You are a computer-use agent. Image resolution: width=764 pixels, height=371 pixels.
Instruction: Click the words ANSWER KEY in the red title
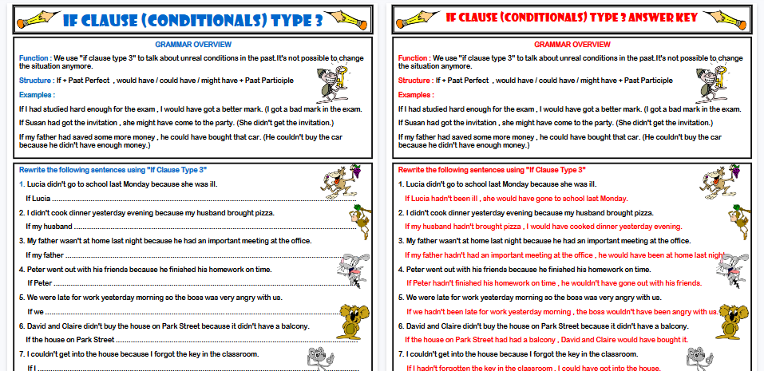(x=655, y=17)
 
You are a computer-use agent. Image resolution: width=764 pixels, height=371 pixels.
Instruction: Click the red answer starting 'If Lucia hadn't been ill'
(x=516, y=198)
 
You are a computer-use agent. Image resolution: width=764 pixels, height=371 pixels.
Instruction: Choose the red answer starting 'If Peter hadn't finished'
(x=554, y=283)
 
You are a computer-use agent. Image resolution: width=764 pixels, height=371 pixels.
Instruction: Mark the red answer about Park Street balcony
(x=547, y=339)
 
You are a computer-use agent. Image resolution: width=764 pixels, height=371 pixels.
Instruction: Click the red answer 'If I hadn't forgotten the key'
(x=534, y=368)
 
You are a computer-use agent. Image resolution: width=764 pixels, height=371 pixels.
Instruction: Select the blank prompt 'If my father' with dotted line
(x=45, y=255)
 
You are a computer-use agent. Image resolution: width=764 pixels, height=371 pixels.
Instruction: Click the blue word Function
(x=34, y=58)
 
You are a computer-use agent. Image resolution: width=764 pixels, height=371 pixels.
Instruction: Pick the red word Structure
(x=414, y=80)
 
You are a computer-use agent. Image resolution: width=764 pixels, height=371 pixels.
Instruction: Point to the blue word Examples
(x=36, y=95)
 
